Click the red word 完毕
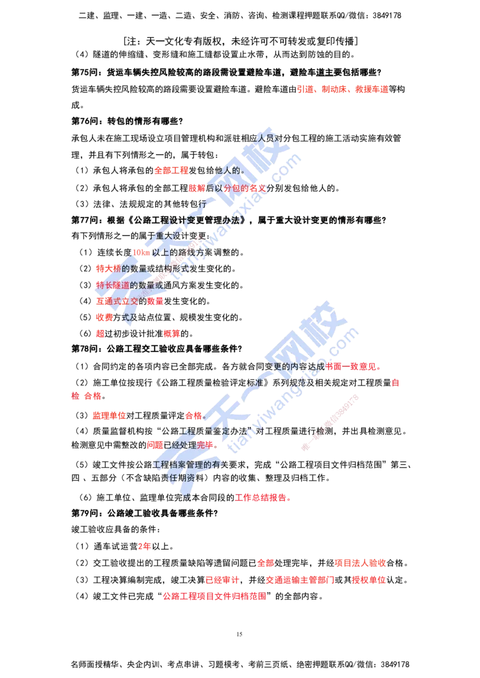point(205,445)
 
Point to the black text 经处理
point(179,445)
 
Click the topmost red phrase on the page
point(343,89)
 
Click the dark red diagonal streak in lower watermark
point(330,422)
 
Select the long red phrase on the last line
point(215,596)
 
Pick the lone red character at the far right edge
point(395,382)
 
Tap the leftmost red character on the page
point(74,396)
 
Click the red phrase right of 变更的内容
point(354,366)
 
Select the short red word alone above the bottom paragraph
point(145,547)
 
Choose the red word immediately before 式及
point(104,317)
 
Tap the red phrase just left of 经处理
point(155,445)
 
